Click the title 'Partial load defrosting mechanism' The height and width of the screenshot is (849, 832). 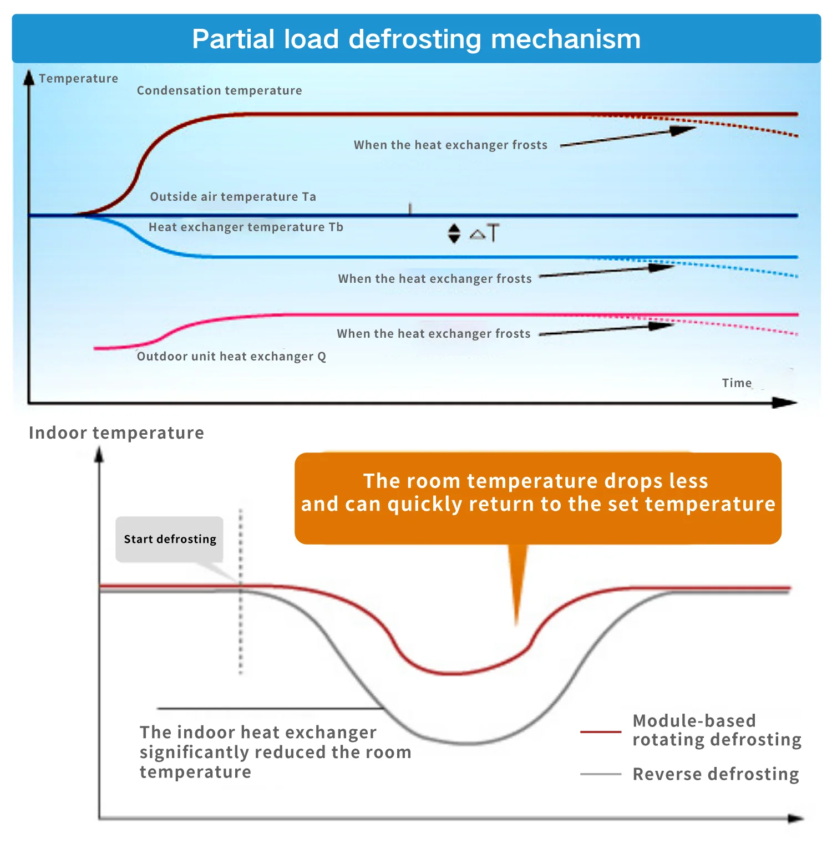[x=416, y=39]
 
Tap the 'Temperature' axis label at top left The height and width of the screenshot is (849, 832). [x=79, y=78]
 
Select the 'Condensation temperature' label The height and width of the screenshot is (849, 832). [x=220, y=90]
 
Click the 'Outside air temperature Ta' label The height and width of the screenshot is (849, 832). [x=233, y=196]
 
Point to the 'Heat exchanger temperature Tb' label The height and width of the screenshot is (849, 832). [x=246, y=227]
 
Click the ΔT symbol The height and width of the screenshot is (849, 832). [x=485, y=233]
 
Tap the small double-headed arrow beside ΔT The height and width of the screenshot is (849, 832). [x=454, y=233]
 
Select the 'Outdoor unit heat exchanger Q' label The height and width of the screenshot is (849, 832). [x=231, y=356]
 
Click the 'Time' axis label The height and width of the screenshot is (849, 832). [x=737, y=383]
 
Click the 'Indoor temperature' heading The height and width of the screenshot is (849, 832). [x=116, y=433]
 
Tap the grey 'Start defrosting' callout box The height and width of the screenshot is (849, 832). [x=170, y=539]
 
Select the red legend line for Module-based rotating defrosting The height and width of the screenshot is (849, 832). [x=601, y=732]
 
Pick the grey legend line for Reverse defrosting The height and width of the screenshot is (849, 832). [x=601, y=774]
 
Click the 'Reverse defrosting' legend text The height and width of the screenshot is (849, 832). [x=716, y=774]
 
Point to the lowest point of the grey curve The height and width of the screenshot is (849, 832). [x=467, y=743]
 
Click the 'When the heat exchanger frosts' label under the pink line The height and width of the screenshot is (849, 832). [x=434, y=333]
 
